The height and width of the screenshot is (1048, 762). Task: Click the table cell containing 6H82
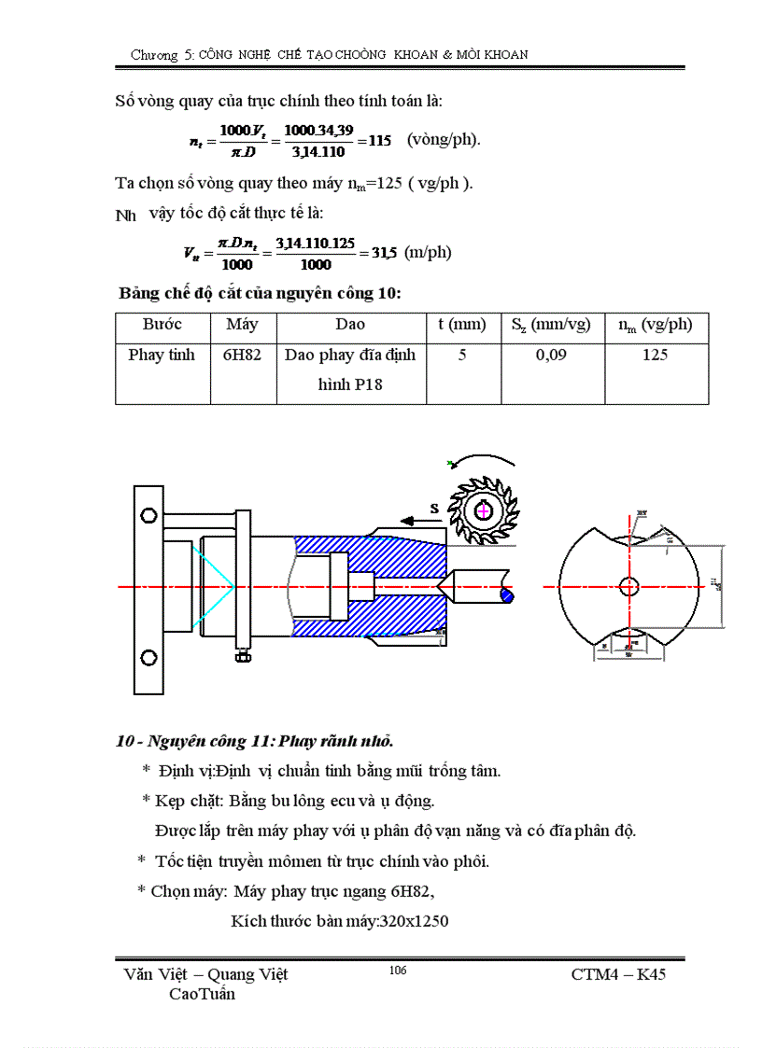(242, 356)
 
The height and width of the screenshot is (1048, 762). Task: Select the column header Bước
(162, 325)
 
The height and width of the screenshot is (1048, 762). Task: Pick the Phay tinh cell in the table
(162, 356)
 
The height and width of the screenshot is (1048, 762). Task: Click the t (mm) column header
(462, 325)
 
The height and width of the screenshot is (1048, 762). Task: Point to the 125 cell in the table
(655, 356)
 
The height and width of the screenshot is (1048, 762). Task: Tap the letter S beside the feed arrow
(434, 508)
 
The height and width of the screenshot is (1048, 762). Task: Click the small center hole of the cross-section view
(629, 586)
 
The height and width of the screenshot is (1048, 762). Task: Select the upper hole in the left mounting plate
(147, 515)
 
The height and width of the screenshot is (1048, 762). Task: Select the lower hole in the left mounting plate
(147, 658)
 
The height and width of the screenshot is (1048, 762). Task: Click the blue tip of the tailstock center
(507, 593)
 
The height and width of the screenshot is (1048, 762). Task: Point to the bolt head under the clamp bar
(242, 658)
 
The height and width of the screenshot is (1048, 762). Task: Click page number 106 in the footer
(397, 971)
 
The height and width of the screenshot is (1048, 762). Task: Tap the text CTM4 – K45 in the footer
(618, 974)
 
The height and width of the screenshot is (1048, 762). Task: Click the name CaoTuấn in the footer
(202, 994)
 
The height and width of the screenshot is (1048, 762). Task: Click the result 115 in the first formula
(379, 141)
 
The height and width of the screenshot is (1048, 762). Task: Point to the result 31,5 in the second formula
(384, 253)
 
